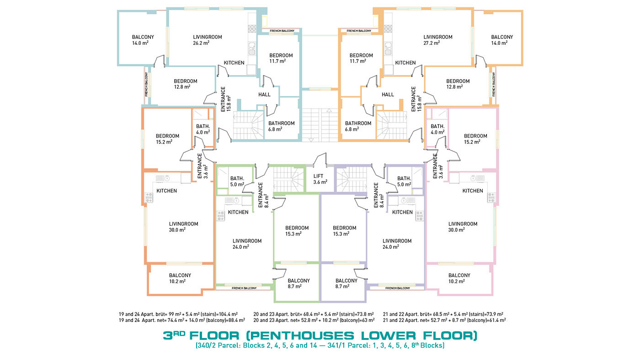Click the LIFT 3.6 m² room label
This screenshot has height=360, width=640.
320,179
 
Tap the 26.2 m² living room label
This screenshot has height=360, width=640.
208,40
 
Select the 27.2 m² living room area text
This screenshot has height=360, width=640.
438,40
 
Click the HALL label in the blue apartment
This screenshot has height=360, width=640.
264,95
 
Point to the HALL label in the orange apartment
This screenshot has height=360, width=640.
388,95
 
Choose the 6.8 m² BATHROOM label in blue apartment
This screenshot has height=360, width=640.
282,126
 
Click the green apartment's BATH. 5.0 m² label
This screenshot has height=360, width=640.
237,181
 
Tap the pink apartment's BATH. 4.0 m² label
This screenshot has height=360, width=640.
437,129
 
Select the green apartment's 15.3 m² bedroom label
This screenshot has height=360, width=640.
297,231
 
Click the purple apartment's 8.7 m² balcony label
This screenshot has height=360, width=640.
347,283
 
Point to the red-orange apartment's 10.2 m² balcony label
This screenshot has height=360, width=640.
180,278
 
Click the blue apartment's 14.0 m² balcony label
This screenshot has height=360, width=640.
143,40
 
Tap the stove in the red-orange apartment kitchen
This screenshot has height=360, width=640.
149,197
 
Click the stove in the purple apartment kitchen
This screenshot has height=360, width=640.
420,216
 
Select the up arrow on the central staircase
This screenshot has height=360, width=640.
329,110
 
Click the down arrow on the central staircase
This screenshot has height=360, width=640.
311,140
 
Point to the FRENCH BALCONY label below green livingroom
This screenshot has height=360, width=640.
244,288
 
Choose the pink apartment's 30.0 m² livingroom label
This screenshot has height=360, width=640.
463,227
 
